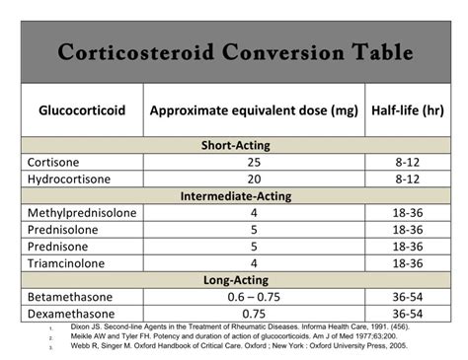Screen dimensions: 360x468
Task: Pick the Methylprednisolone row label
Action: [x=82, y=212]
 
